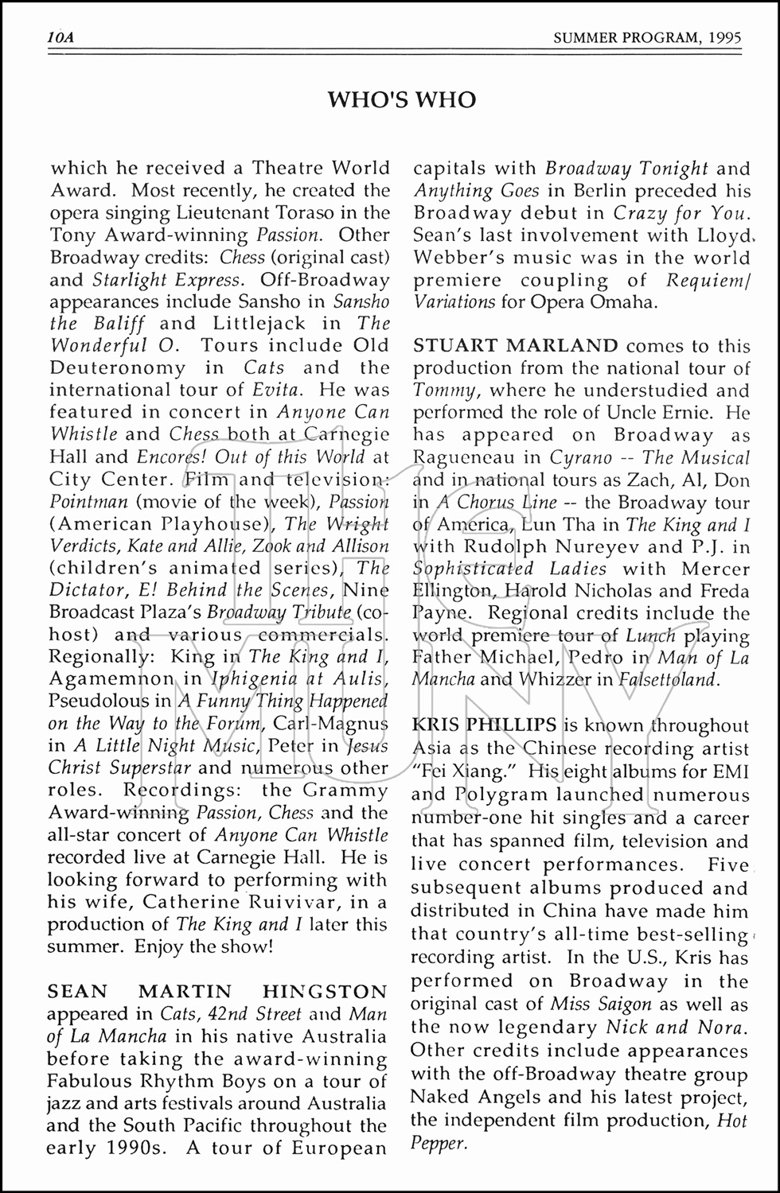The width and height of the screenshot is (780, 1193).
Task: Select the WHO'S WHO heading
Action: pos(402,99)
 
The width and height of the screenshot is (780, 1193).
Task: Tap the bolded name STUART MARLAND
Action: pos(516,346)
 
